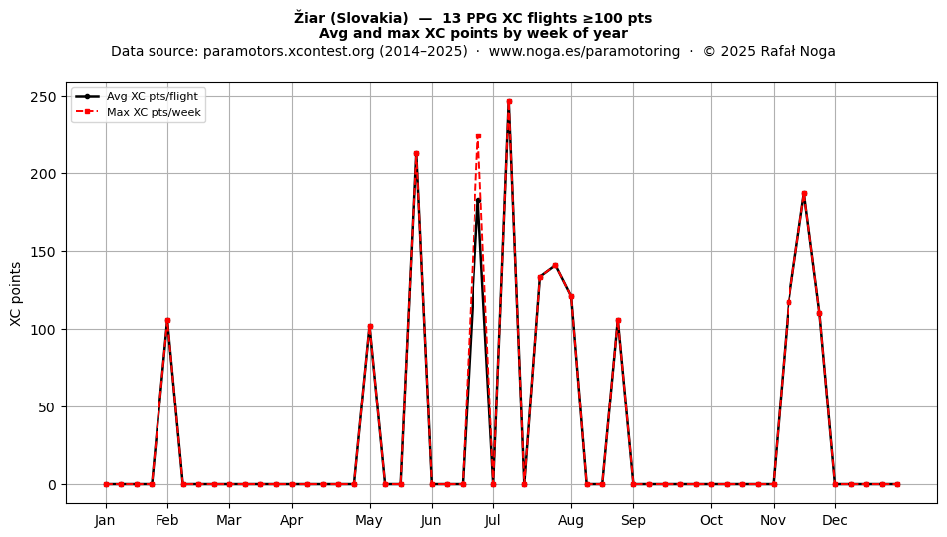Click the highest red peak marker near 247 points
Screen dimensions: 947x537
[x=509, y=102]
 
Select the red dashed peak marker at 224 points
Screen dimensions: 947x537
[x=478, y=136]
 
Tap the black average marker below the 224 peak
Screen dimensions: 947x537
[x=478, y=201]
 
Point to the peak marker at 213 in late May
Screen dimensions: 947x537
[x=416, y=153]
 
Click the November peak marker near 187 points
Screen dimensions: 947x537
[x=804, y=194]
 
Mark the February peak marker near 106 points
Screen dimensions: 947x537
[x=167, y=321]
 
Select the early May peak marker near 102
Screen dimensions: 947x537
[x=370, y=327]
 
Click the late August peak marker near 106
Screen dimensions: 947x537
[x=618, y=321]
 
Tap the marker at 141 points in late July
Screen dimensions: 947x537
[x=556, y=265]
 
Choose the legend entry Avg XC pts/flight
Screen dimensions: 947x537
[x=153, y=96]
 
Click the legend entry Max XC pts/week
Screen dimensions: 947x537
[x=154, y=112]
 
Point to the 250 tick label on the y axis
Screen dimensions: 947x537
[x=44, y=97]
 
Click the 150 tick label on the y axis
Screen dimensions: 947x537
[x=44, y=252]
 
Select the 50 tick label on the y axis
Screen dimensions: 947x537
[x=48, y=407]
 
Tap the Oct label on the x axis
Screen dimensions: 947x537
[x=712, y=520]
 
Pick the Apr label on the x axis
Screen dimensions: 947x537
[x=292, y=520]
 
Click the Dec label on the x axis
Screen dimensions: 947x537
[x=836, y=520]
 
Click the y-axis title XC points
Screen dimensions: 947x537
[x=16, y=294]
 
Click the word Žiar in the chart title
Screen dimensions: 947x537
[x=309, y=18]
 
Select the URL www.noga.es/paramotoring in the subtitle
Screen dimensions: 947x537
[x=584, y=51]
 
